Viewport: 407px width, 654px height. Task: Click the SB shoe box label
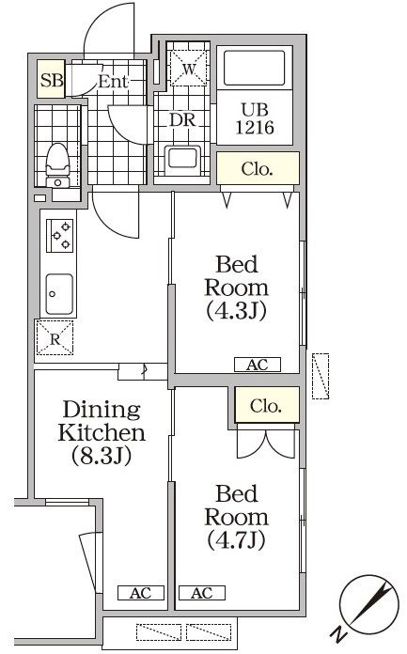pos(51,80)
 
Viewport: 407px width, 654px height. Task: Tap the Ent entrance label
pos(112,81)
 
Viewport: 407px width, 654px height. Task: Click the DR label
pos(182,121)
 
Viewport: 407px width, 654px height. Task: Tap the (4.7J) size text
pos(235,540)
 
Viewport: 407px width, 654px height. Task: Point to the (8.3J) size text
pos(101,457)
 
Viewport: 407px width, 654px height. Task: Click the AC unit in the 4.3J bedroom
pos(256,365)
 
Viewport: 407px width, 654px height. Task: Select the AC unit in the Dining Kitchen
pos(140,593)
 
